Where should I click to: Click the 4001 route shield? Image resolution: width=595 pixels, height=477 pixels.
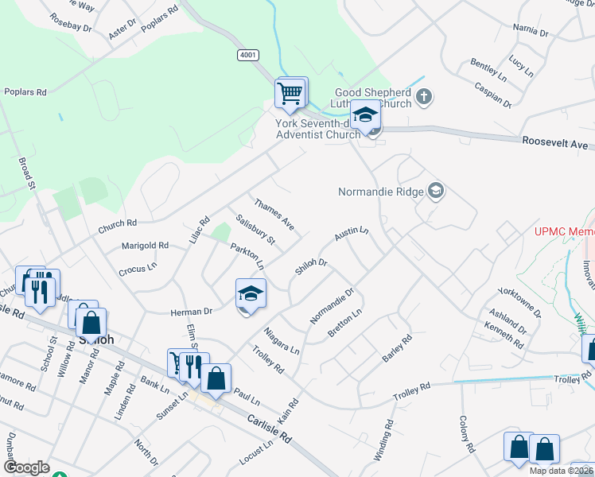coord(247,55)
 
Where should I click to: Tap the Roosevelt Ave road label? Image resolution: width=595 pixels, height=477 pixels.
coord(554,143)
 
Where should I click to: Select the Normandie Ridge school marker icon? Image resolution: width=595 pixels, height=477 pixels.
coord(435,191)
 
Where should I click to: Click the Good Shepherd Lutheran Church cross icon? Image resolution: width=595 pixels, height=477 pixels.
coord(424,97)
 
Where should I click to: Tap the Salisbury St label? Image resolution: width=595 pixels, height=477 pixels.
coord(255,229)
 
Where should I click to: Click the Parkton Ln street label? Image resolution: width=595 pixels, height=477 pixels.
coord(247,254)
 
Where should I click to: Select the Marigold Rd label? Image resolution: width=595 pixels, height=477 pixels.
coord(145,246)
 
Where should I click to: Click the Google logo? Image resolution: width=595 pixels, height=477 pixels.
coord(26,467)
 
